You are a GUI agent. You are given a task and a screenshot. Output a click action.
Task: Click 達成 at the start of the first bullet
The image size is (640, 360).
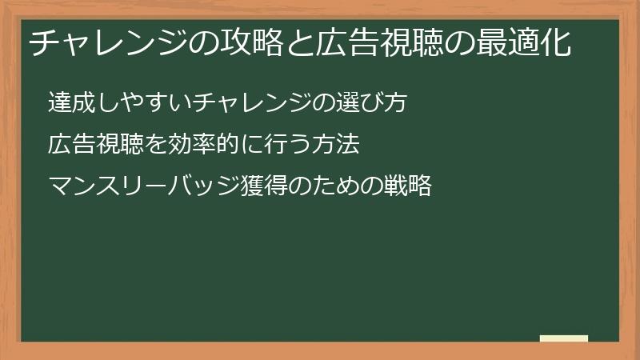pos(67,103)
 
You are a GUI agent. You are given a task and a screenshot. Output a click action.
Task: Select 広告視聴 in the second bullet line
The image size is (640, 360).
pos(88,146)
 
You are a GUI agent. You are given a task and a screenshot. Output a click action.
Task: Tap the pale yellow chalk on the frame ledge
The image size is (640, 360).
pos(564,338)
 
